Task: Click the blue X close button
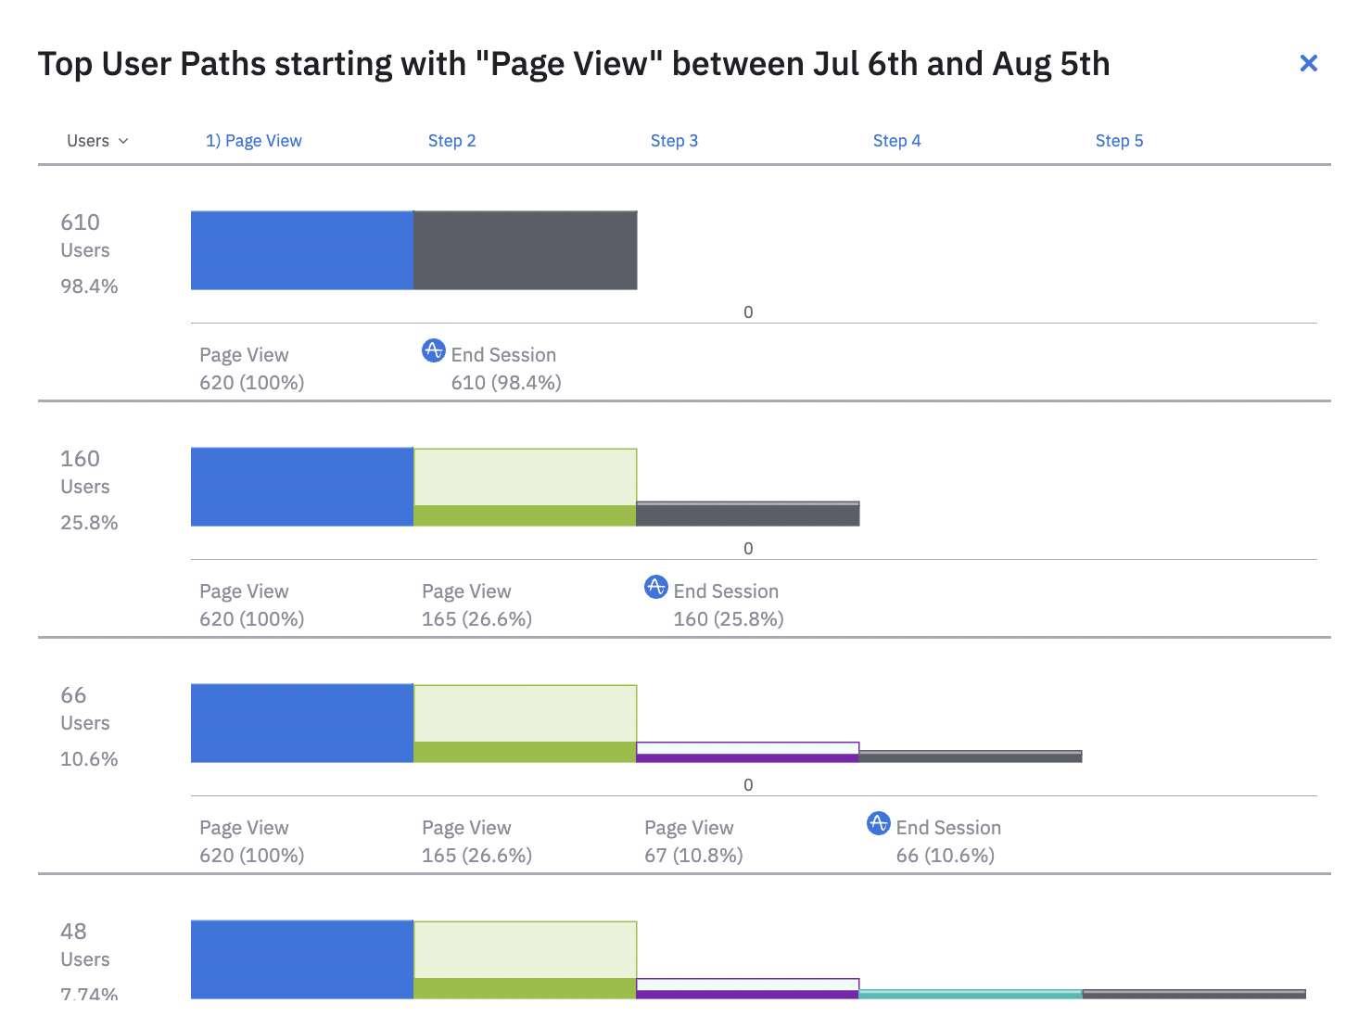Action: [x=1308, y=63]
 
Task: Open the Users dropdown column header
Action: [x=96, y=141]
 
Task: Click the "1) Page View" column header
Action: [x=253, y=141]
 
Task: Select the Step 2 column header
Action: [x=451, y=141]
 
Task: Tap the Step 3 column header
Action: [x=674, y=141]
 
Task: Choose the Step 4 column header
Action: [x=896, y=141]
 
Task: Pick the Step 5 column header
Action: [x=1119, y=141]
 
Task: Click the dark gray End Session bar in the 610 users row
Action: [x=525, y=250]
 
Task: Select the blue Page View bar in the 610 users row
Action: [x=302, y=250]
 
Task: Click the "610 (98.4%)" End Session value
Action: [x=506, y=383]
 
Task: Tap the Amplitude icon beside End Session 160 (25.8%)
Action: [x=655, y=587]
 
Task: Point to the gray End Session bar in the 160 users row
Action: [x=747, y=514]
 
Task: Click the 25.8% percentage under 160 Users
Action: [x=89, y=523]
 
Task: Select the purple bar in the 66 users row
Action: [x=747, y=758]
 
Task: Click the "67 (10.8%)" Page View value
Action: [x=693, y=856]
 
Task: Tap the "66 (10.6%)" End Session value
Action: [x=945, y=856]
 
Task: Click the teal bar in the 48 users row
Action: [x=970, y=994]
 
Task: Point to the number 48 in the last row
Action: [x=73, y=932]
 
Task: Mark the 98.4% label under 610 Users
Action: [x=89, y=286]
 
